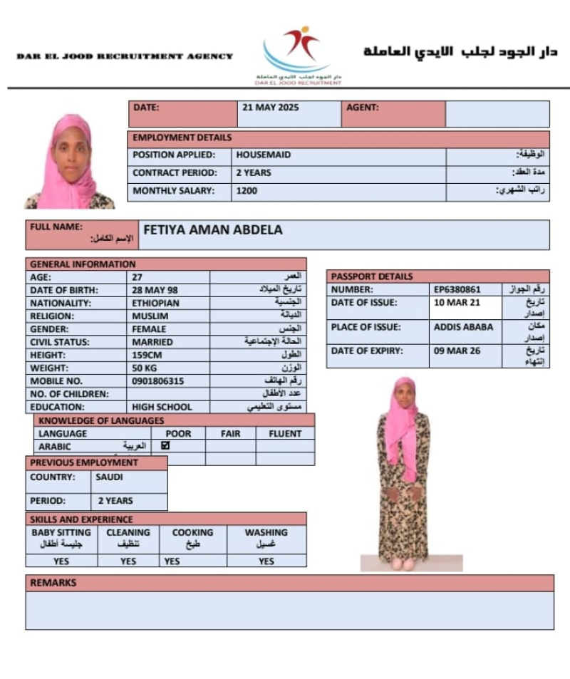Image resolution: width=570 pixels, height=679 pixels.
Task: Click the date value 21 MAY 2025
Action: click(271, 108)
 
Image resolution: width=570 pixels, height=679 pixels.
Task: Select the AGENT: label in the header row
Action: click(363, 108)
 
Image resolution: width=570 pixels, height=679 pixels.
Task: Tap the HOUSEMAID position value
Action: click(264, 155)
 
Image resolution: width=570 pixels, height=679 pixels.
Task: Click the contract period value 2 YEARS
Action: click(254, 173)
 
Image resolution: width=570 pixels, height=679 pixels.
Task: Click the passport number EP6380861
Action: click(457, 290)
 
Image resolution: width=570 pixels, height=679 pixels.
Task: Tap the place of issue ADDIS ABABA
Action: click(463, 328)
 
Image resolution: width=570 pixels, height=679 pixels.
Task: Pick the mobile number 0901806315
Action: click(158, 381)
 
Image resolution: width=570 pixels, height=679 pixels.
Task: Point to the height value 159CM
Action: click(148, 355)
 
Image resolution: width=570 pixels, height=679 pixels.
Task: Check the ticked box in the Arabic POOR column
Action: click(166, 446)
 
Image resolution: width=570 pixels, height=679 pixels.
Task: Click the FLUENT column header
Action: click(285, 433)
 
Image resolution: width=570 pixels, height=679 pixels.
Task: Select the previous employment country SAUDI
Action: click(109, 477)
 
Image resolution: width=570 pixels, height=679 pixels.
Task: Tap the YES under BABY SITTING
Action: click(61, 561)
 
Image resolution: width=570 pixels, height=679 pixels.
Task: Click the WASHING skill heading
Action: click(266, 532)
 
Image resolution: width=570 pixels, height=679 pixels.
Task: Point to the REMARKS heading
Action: click(53, 583)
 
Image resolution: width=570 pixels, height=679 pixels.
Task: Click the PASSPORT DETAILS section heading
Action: click(372, 276)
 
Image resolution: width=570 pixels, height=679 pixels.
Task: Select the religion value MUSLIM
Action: click(150, 316)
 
